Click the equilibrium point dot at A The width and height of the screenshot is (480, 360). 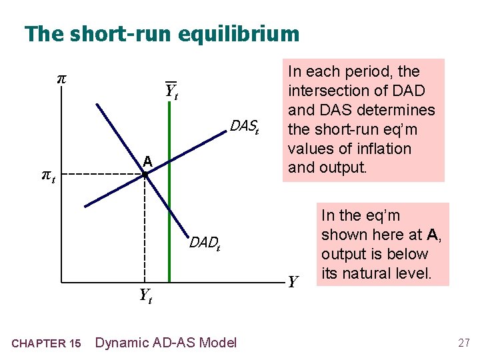(x=145, y=175)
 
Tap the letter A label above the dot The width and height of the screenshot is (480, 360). (x=147, y=161)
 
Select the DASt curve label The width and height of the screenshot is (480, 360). (x=243, y=125)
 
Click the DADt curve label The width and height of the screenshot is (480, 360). (x=205, y=243)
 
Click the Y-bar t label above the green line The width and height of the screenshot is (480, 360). (x=171, y=91)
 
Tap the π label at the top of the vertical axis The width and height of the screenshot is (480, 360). (x=61, y=78)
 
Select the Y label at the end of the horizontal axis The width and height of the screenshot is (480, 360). (x=292, y=282)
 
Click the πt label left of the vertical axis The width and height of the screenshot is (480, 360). (x=48, y=176)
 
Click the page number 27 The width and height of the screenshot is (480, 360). (x=464, y=343)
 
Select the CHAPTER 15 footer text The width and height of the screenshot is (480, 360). (x=47, y=343)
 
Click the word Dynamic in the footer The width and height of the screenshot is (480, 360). (x=121, y=343)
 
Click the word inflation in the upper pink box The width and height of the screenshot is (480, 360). (x=383, y=148)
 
